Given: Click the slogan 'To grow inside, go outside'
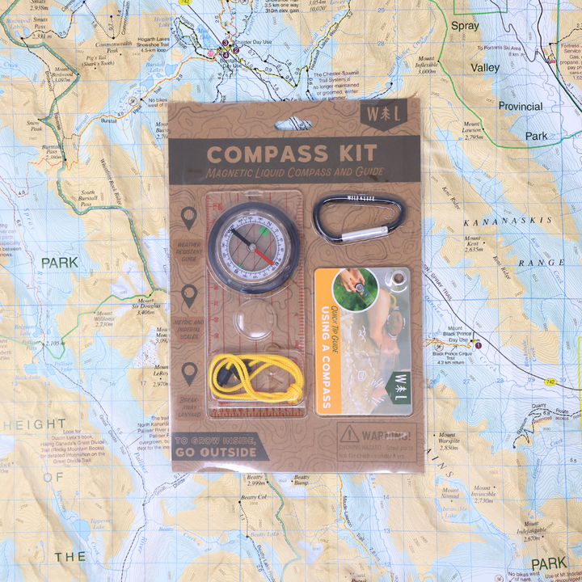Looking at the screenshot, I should (216, 446).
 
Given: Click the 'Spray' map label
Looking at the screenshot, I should (465, 27).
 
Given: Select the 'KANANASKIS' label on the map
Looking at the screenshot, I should (507, 220).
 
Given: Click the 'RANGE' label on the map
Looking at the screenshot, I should (541, 264).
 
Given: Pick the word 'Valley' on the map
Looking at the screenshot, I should (486, 68).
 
